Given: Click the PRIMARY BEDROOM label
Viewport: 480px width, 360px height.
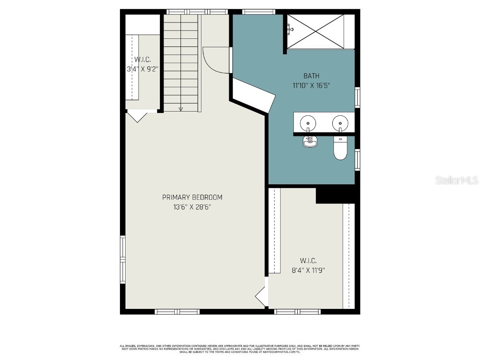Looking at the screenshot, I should pyautogui.click(x=192, y=197).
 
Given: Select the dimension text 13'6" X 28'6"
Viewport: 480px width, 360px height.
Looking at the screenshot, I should pyautogui.click(x=192, y=207).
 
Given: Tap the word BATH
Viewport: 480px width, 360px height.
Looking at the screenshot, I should pyautogui.click(x=311, y=75).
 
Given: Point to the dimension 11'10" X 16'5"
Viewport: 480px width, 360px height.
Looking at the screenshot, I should pyautogui.click(x=311, y=85).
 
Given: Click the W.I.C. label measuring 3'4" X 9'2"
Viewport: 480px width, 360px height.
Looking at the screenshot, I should pyautogui.click(x=142, y=60).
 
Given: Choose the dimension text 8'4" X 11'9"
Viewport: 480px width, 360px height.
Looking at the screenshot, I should pyautogui.click(x=308, y=270).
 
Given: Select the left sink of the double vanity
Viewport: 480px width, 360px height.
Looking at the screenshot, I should pyautogui.click(x=308, y=124).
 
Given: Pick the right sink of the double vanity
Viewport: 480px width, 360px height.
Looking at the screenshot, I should pyautogui.click(x=340, y=124).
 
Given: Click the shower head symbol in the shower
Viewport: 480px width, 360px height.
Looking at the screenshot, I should pyautogui.click(x=291, y=29).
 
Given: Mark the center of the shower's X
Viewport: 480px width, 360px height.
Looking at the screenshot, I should pyautogui.click(x=315, y=31).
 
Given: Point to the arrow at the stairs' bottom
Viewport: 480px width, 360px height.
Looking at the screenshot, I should pyautogui.click(x=180, y=109).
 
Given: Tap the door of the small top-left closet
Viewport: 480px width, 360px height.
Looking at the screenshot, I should pyautogui.click(x=137, y=116).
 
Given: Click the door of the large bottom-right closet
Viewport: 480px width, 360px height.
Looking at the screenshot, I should pyautogui.click(x=261, y=296).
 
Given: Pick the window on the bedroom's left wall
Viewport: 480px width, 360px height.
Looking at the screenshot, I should pyautogui.click(x=123, y=260).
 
